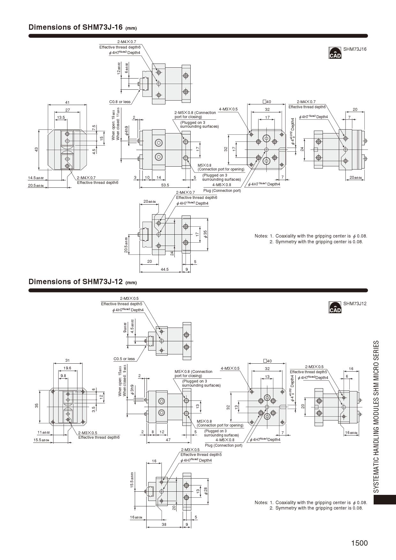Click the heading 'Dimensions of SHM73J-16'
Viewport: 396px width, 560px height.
(x=76, y=27)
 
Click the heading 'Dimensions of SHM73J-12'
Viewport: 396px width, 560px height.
(x=76, y=282)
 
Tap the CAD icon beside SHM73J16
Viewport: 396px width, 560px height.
(x=335, y=53)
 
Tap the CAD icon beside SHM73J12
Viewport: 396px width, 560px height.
(x=335, y=307)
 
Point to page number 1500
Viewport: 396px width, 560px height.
(x=359, y=543)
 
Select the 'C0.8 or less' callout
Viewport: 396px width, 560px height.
(x=120, y=102)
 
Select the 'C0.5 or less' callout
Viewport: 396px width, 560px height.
(x=124, y=359)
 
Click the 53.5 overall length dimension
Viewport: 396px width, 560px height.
(x=165, y=185)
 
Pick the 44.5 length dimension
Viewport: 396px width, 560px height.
(x=164, y=269)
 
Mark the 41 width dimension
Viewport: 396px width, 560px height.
(x=67, y=102)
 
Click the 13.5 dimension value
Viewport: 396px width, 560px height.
(x=61, y=117)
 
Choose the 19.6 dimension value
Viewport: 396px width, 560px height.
(x=67, y=368)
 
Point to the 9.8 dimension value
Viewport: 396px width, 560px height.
(x=63, y=376)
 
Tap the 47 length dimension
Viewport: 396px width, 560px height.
(x=168, y=440)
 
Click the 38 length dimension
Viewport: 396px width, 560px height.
(x=164, y=525)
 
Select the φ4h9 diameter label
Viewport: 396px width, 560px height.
(x=127, y=131)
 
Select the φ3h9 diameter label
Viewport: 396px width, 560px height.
(x=132, y=390)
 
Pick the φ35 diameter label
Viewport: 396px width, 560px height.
(x=205, y=234)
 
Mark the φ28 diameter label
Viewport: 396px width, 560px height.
(x=206, y=491)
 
